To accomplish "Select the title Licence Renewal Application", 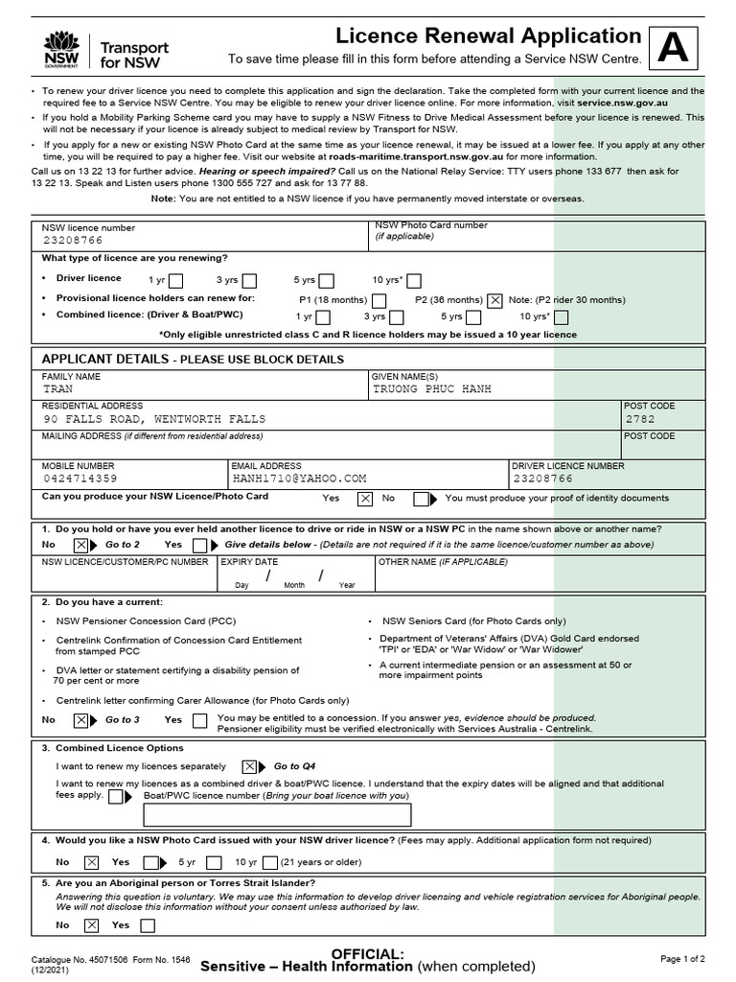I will pos(488,36).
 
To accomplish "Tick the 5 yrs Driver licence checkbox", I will pos(326,281).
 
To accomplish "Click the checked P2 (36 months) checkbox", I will pos(494,299).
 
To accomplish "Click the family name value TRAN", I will pos(57,390).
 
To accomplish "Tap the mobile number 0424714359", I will pos(80,478).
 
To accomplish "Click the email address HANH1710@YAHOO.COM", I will pos(299,478).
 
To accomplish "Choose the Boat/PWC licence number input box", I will pos(277,815).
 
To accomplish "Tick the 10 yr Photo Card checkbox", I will pos(270,861).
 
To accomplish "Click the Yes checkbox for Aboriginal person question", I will pos(148,925).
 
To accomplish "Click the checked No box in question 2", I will pos(80,719).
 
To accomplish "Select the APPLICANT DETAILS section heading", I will pos(193,359).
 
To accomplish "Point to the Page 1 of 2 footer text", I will pos(682,958).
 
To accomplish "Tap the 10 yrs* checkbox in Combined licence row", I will pos(562,316).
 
